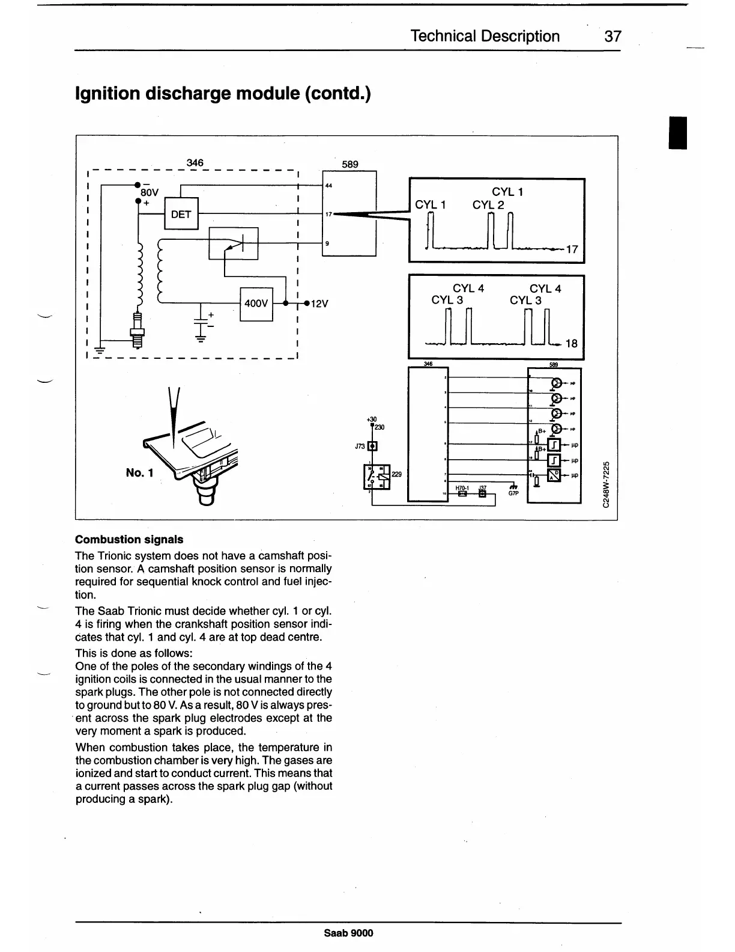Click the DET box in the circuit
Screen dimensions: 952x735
pyautogui.click(x=181, y=213)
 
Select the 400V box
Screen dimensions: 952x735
pyautogui.click(x=256, y=304)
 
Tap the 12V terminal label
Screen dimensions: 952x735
pyautogui.click(x=320, y=304)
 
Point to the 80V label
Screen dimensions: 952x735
pyautogui.click(x=150, y=193)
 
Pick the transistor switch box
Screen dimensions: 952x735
pyautogui.click(x=233, y=243)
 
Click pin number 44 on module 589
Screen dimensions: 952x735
pyautogui.click(x=328, y=186)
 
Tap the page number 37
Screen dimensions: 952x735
pyautogui.click(x=612, y=37)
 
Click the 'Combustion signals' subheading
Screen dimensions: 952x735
pyautogui.click(x=129, y=539)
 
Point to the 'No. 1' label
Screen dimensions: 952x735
pyautogui.click(x=139, y=472)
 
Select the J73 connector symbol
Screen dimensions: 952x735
pyautogui.click(x=372, y=447)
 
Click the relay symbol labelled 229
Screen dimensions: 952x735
pyautogui.click(x=377, y=475)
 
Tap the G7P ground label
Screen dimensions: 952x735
pyautogui.click(x=513, y=494)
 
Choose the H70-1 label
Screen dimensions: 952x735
pyautogui.click(x=462, y=489)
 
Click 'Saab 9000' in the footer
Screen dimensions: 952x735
pyautogui.click(x=348, y=933)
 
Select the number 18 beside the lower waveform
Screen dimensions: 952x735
pyautogui.click(x=571, y=344)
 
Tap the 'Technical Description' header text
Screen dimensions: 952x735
pyautogui.click(x=485, y=37)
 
